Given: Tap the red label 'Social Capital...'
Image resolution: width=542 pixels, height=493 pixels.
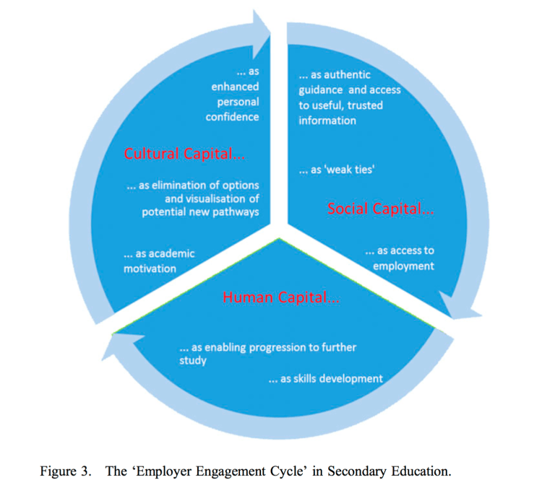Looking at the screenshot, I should coord(380,209).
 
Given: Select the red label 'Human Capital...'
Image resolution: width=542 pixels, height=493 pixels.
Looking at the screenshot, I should coord(281,297).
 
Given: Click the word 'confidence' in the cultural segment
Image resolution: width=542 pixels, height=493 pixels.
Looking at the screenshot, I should coord(232,117).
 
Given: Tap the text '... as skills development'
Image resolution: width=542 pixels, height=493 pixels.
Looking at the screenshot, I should coord(325,378).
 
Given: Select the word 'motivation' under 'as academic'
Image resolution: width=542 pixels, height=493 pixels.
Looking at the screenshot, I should coord(150,269).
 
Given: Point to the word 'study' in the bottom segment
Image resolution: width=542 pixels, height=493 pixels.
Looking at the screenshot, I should coord(193,360).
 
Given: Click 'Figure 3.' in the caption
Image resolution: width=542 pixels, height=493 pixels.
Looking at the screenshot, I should coord(64,472).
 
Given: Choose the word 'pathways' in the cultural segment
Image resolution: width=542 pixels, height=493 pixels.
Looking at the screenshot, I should coord(236,211).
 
